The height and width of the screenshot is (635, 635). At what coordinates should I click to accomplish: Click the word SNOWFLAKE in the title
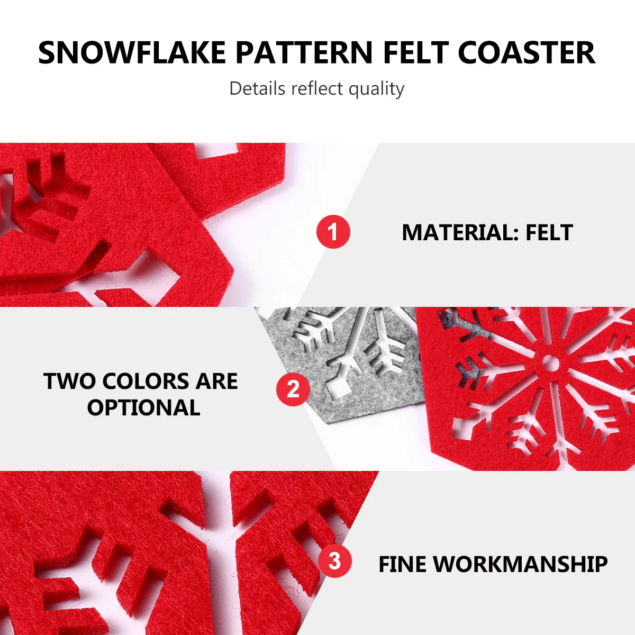coord(132,53)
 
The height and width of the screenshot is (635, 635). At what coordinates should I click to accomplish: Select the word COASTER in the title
coord(526,53)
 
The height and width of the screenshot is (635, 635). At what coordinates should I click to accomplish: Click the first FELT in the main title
coord(415,53)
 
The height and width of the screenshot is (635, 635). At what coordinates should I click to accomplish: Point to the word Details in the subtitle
coord(257,88)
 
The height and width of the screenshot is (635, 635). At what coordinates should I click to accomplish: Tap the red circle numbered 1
coord(333,231)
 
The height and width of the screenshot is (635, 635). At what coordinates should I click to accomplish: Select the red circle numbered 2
coord(293,389)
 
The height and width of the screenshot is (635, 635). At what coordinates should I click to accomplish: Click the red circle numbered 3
coord(335,560)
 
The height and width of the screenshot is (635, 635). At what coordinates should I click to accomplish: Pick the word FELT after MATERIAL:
coord(549,233)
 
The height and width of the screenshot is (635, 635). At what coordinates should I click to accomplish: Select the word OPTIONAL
coord(144,407)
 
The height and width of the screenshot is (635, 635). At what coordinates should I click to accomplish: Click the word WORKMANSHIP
coord(520,564)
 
